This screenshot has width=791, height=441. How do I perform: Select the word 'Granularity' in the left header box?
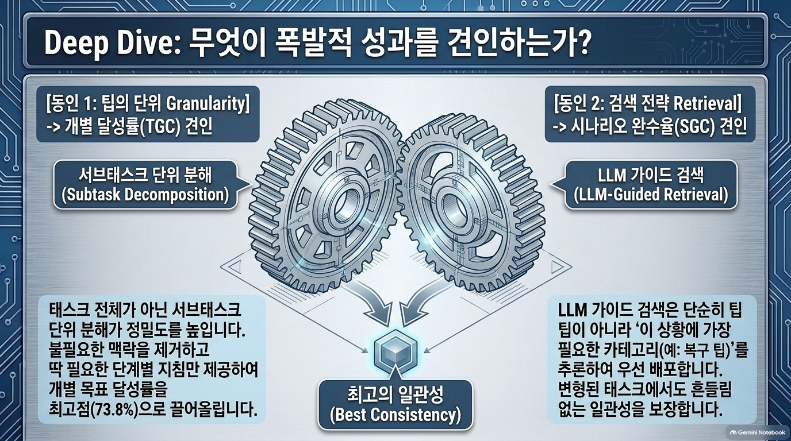pos(208,104)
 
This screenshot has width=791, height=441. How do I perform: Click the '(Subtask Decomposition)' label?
pos(145,195)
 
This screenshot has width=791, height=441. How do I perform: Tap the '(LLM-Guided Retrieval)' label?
pos(651,195)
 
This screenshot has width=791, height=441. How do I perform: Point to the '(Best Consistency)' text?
pos(395,415)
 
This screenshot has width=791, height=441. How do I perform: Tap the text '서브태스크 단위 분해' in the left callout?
pos(145,175)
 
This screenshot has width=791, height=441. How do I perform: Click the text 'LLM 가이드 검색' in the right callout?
pos(651,175)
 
